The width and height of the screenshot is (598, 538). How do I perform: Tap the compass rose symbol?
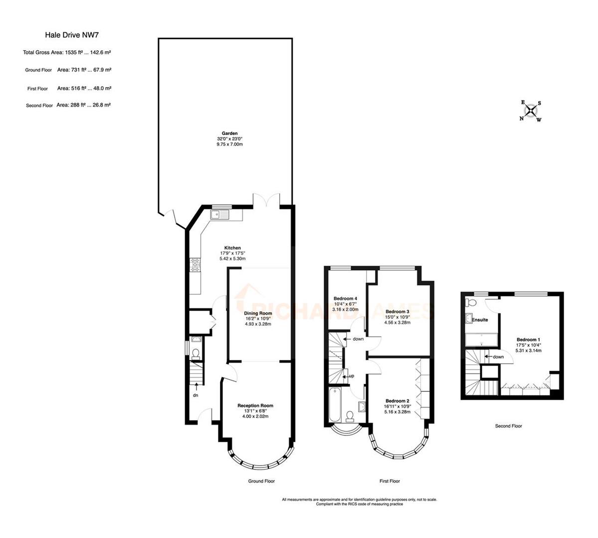pyautogui.click(x=532, y=111)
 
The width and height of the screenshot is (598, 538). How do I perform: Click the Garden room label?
pyautogui.click(x=229, y=134)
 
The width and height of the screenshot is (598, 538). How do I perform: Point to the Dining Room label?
pyautogui.click(x=258, y=313)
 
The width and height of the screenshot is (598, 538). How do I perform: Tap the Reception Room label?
pyautogui.click(x=255, y=405)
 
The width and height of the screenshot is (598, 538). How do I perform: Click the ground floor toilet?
pyautogui.click(x=196, y=353)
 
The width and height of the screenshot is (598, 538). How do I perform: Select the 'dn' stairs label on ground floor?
pyautogui.click(x=197, y=396)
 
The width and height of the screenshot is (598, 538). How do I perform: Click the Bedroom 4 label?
pyautogui.click(x=345, y=298)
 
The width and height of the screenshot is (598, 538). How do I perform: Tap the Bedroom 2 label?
pyautogui.click(x=397, y=401)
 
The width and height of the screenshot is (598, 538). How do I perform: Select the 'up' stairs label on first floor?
pyautogui.click(x=351, y=376)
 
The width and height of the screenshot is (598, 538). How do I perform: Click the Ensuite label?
pyautogui.click(x=480, y=320)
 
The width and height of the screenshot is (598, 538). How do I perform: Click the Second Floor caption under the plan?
pyautogui.click(x=508, y=426)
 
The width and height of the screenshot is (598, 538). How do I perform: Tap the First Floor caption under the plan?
pyautogui.click(x=390, y=481)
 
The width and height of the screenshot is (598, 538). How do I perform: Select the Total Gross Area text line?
pyautogui.click(x=66, y=52)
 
